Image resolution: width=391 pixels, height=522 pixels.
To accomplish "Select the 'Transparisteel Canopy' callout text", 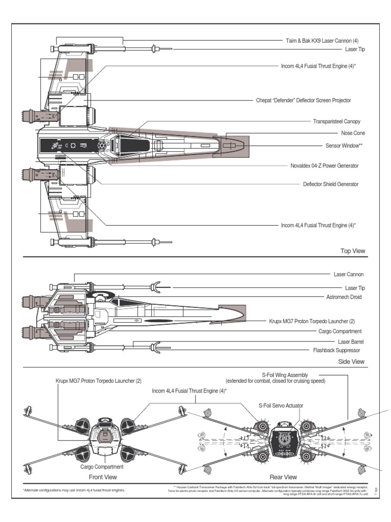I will (337, 121).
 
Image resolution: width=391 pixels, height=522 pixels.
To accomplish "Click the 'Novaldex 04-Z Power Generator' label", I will (324, 166).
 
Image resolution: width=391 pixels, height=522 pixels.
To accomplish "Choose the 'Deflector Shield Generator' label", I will (330, 184).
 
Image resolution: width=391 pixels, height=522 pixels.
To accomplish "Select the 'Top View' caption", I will (353, 251).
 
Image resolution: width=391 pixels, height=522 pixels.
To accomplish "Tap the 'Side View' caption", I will (352, 361).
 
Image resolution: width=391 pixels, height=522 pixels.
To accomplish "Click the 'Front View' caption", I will (103, 477).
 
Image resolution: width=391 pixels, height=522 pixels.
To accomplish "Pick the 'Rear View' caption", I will (283, 477).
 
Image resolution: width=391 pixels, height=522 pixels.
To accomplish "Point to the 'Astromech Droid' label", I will (344, 297).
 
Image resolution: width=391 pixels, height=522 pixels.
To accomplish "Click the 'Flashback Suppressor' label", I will (336, 351).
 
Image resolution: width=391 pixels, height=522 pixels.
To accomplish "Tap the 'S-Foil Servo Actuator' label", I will (280, 405).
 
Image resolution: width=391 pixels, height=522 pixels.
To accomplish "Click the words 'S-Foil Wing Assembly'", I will (285, 375).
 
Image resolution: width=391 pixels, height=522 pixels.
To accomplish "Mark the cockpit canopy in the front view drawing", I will (105, 421).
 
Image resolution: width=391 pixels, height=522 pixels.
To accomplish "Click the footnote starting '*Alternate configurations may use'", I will (74, 490).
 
